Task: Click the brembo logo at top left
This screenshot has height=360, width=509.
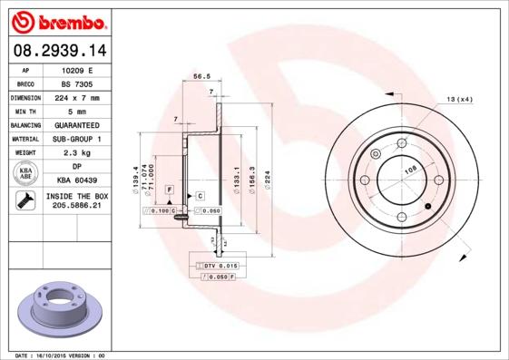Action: [x=58, y=20]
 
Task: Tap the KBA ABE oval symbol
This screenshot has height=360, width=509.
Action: [x=26, y=174]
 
